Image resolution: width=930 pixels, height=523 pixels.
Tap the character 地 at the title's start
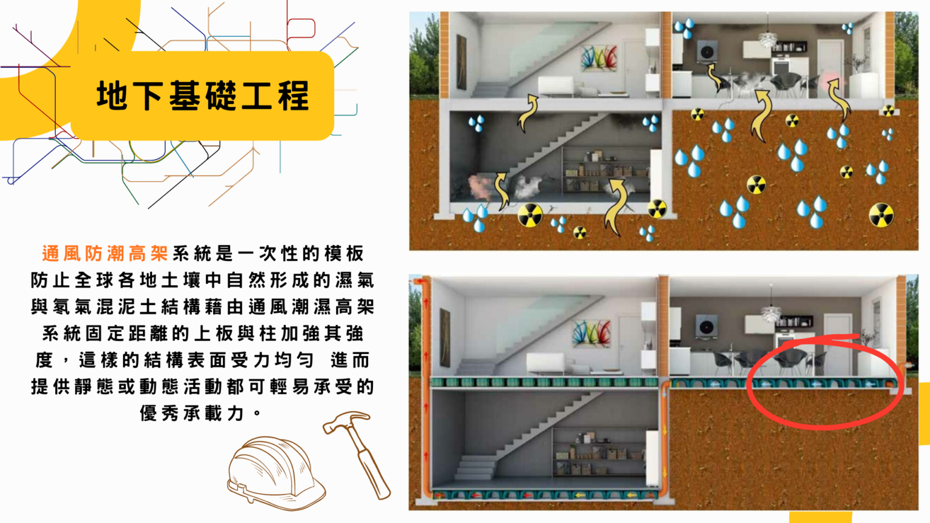click(112, 96)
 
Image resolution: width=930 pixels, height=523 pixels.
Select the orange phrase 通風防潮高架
click(104, 253)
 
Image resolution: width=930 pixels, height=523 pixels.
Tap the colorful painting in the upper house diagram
click(598, 59)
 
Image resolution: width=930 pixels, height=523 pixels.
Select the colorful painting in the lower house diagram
click(591, 334)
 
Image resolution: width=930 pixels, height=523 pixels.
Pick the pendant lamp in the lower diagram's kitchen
click(771, 313)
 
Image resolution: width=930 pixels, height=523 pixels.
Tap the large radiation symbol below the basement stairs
click(530, 214)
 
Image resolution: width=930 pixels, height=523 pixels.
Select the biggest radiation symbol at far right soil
click(881, 215)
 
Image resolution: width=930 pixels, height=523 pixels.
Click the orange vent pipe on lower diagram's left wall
click(426, 387)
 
